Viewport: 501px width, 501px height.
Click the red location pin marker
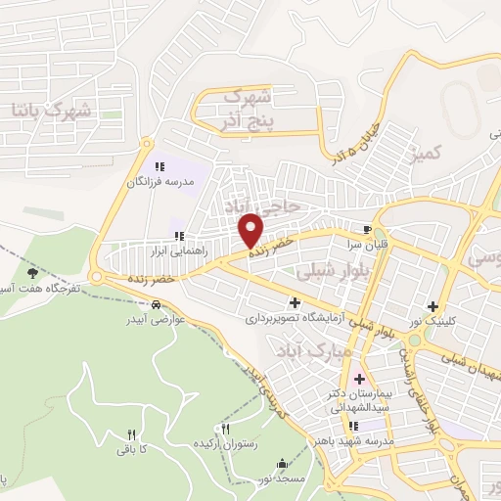point(251,229)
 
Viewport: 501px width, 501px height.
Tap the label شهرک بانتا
point(52,107)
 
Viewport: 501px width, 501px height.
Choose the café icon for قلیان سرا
point(369,224)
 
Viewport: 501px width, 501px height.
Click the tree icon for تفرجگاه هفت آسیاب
point(33,273)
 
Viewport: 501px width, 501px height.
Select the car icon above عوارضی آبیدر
point(157,303)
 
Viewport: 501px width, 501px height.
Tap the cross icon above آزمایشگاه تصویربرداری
point(295,301)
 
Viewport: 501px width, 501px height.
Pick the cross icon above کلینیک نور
point(433,305)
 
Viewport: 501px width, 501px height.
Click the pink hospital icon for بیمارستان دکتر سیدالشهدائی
point(358,379)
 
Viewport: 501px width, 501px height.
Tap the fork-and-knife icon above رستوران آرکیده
point(226,429)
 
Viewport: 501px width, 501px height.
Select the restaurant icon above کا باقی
point(131,434)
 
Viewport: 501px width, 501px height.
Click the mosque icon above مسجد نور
point(283,463)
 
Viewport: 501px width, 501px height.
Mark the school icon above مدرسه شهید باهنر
point(354,426)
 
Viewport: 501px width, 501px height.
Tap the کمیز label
point(429,153)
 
